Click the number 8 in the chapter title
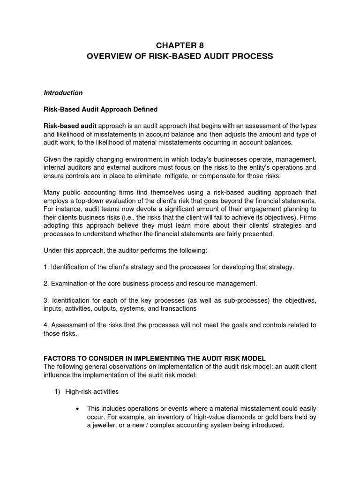(x=202, y=45)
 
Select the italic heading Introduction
(x=63, y=93)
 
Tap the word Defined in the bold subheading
(x=145, y=109)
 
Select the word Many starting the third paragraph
(x=52, y=193)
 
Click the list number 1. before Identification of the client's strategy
(x=46, y=267)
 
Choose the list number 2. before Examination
(x=46, y=284)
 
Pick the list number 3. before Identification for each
(x=46, y=300)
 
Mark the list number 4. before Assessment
(x=46, y=325)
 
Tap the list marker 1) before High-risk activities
(x=59, y=391)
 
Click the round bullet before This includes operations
(x=77, y=408)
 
